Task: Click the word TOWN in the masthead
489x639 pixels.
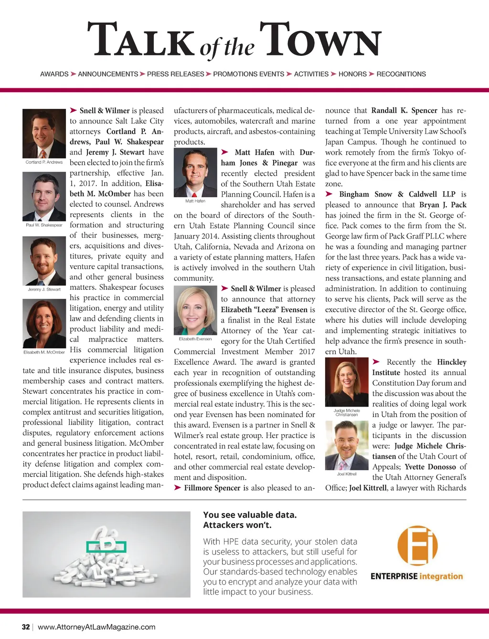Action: point(321,41)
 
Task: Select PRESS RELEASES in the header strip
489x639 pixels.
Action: point(175,74)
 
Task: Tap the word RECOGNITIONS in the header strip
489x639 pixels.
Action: point(401,74)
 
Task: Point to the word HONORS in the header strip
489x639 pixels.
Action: point(352,74)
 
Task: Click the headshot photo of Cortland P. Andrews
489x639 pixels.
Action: point(44,134)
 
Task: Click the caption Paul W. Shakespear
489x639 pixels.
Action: point(44,225)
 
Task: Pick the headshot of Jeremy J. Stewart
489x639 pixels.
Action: point(44,261)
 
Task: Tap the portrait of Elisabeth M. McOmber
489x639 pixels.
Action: point(44,324)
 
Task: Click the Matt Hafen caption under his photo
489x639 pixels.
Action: point(195,201)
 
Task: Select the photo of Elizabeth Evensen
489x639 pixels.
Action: point(195,311)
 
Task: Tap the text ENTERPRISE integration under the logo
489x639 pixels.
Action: point(416,576)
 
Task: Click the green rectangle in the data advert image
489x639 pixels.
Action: point(106,546)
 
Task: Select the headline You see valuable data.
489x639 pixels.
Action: point(250,515)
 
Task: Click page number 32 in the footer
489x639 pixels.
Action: point(26,627)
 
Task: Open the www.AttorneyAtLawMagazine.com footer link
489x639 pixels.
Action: point(96,627)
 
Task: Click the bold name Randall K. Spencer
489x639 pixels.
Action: point(404,110)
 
